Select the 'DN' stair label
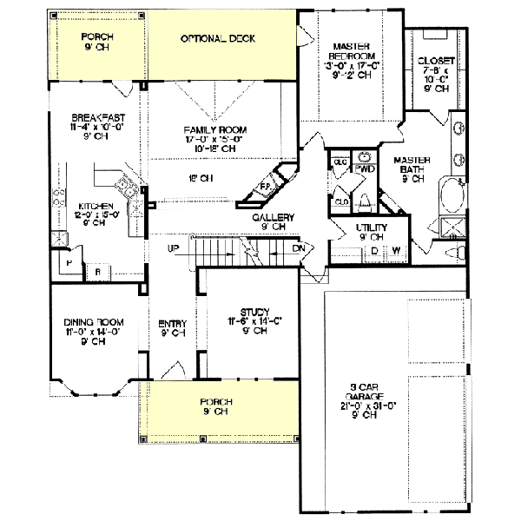point(300,249)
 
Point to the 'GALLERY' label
point(274,217)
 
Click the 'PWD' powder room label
point(365,168)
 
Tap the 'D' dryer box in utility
point(374,252)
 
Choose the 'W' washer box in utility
point(397,252)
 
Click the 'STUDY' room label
point(255,312)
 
